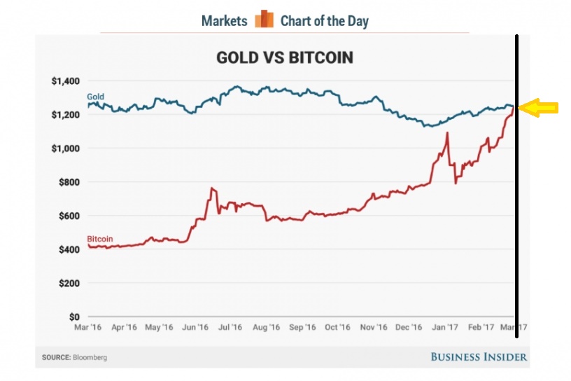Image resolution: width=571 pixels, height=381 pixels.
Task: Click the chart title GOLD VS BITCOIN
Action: point(284,57)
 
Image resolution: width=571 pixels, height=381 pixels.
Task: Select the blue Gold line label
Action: point(95,96)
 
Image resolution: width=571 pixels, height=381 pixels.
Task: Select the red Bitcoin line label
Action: point(99,239)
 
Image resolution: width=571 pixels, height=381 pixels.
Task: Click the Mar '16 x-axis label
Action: point(88,328)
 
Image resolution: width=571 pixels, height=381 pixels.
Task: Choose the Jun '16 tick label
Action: point(195,328)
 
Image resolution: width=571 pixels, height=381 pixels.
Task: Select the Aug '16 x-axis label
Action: point(266,328)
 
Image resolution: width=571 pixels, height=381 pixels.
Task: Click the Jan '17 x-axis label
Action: point(444,328)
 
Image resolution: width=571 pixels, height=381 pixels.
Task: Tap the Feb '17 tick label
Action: point(480,328)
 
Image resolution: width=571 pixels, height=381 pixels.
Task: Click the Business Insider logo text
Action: point(478,357)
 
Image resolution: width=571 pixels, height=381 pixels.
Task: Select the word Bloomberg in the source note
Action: point(90,358)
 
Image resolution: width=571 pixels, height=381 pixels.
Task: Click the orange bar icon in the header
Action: point(264,20)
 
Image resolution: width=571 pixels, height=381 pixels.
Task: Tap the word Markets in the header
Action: point(224,21)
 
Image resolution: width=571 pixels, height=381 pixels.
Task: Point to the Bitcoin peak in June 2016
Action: point(212,188)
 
